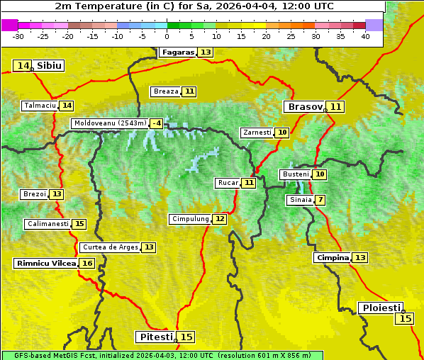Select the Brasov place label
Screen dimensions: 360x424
pos(304,107)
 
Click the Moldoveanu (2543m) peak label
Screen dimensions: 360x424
pos(110,123)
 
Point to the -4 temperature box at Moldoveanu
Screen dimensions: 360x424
pos(156,123)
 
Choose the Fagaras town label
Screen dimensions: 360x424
pos(177,52)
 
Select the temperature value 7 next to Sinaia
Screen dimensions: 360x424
pos(320,200)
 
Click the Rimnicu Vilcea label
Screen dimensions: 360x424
pos(45,264)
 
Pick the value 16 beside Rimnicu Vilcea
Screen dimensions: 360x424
pos(87,264)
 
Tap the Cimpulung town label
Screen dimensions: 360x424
pos(190,219)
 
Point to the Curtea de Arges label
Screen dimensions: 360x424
pos(109,247)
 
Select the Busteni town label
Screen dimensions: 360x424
pos(295,174)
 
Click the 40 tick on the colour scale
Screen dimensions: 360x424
pos(365,36)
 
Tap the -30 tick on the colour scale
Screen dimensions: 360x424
pos(18,36)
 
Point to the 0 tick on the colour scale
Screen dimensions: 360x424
pos(167,36)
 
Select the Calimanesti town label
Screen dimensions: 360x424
pos(48,224)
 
